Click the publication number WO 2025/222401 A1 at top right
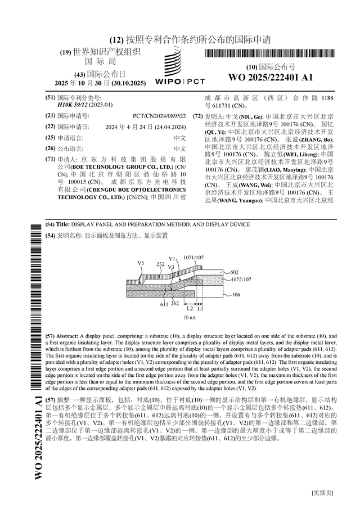point(271,77)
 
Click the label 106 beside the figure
point(236,294)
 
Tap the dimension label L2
point(190,309)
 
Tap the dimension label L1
point(200,309)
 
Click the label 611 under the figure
point(164,304)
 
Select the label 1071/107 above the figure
point(193,257)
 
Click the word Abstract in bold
point(67,335)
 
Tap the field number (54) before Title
point(50,224)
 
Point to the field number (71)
point(50,159)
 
